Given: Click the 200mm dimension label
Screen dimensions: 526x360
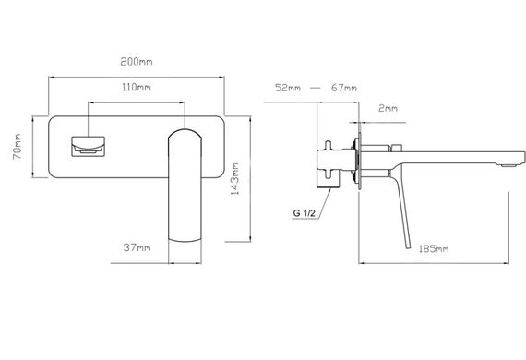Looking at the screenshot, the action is (x=137, y=62).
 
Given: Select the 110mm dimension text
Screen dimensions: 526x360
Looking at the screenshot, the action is (x=137, y=88).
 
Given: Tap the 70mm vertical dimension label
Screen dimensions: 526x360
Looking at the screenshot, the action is (x=18, y=147).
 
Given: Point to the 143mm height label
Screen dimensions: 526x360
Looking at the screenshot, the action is (x=234, y=179).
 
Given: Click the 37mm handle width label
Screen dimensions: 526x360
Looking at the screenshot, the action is (x=137, y=247).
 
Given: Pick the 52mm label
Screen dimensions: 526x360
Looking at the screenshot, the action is (x=288, y=88).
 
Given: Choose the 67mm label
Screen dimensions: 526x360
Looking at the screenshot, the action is (x=344, y=88).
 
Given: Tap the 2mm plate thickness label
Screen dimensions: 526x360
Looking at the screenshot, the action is (x=389, y=108).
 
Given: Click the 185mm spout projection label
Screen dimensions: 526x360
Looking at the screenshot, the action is (x=434, y=249).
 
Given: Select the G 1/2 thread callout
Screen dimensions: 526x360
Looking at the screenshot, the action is (x=305, y=213).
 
